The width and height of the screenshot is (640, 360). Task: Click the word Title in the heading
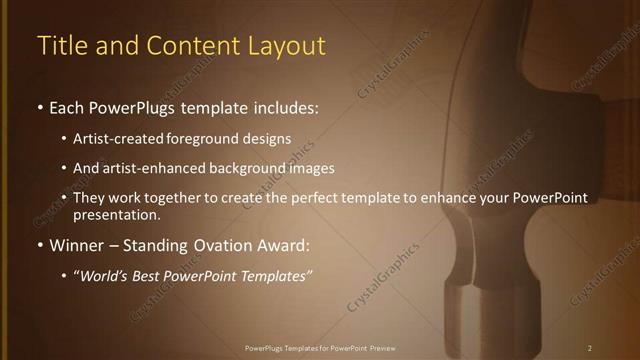click(59, 46)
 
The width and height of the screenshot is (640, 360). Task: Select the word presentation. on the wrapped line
click(117, 214)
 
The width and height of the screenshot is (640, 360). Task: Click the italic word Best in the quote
click(150, 275)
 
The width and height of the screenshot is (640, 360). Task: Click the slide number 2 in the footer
click(590, 348)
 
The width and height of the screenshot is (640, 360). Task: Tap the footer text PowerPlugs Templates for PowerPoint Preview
click(319, 348)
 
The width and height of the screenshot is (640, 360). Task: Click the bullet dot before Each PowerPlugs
click(40, 106)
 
